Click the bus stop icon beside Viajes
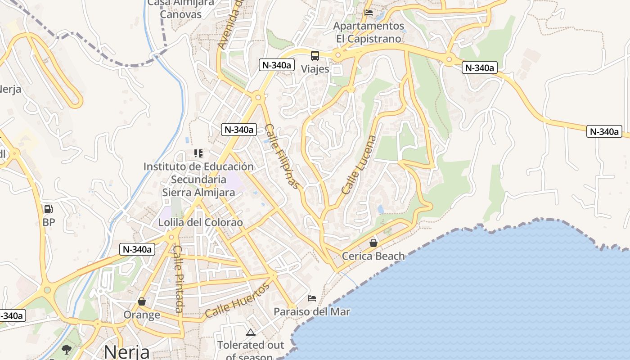pos(315,56)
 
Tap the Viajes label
pos(315,69)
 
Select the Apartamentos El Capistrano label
pos(369,32)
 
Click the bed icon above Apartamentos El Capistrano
pos(369,13)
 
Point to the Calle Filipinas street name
pos(282,156)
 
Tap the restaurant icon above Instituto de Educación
pos(198,153)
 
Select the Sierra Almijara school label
pos(198,180)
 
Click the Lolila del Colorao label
pos(200,222)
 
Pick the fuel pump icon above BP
pos(48,209)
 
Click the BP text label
pos(49,222)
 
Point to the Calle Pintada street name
pos(179,279)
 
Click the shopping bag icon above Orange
pos(142,301)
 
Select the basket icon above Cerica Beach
pos(373,243)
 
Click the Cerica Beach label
pos(373,256)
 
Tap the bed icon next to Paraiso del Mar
pos(312,298)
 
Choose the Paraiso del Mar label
pos(312,311)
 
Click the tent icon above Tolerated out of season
pos(251,333)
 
